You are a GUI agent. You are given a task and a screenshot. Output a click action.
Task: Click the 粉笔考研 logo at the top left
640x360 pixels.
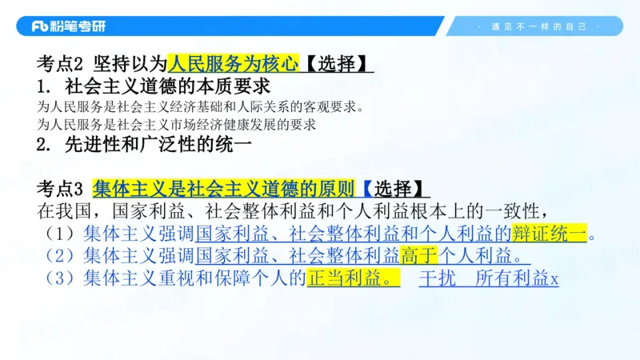pos(68,26)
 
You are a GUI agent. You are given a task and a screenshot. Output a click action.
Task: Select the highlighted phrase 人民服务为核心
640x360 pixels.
pos(233,62)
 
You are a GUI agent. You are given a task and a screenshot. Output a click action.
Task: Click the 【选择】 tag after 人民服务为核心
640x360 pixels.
pos(336,62)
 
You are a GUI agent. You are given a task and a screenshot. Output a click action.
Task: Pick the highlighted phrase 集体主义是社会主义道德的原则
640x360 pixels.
pos(223,189)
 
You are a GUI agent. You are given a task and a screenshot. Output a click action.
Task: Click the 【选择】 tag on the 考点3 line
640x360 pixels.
pos(391,189)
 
